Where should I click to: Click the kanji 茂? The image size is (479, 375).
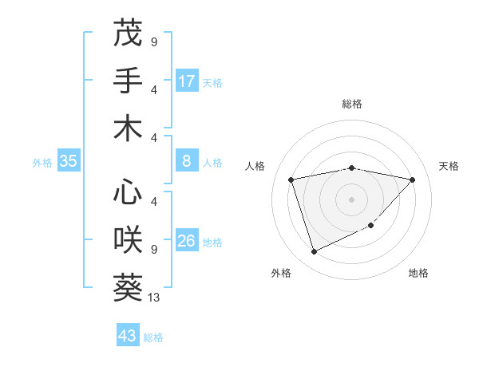click(x=128, y=33)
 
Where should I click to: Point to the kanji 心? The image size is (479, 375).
click(x=128, y=192)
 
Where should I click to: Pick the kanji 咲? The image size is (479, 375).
click(x=128, y=239)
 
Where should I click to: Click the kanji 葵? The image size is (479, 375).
click(x=128, y=286)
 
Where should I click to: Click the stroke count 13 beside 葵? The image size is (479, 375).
click(x=155, y=298)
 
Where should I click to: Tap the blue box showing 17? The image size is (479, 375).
click(x=187, y=81)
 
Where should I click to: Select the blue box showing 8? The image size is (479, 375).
click(x=187, y=162)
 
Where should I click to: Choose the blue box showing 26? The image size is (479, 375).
click(x=187, y=241)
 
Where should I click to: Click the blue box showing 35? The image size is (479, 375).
click(x=69, y=162)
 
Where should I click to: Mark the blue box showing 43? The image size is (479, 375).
click(x=128, y=336)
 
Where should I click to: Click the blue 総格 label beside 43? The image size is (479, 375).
click(x=153, y=337)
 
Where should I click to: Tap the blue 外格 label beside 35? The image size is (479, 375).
click(x=42, y=163)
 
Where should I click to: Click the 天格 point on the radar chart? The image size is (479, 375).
click(x=412, y=180)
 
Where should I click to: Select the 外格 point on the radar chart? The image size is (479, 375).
click(x=314, y=252)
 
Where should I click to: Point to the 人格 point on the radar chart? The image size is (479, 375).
click(x=291, y=180)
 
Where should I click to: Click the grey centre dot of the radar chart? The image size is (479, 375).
click(x=351, y=199)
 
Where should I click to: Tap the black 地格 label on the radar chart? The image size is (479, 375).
click(x=418, y=274)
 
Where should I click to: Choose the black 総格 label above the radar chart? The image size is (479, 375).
click(x=352, y=104)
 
